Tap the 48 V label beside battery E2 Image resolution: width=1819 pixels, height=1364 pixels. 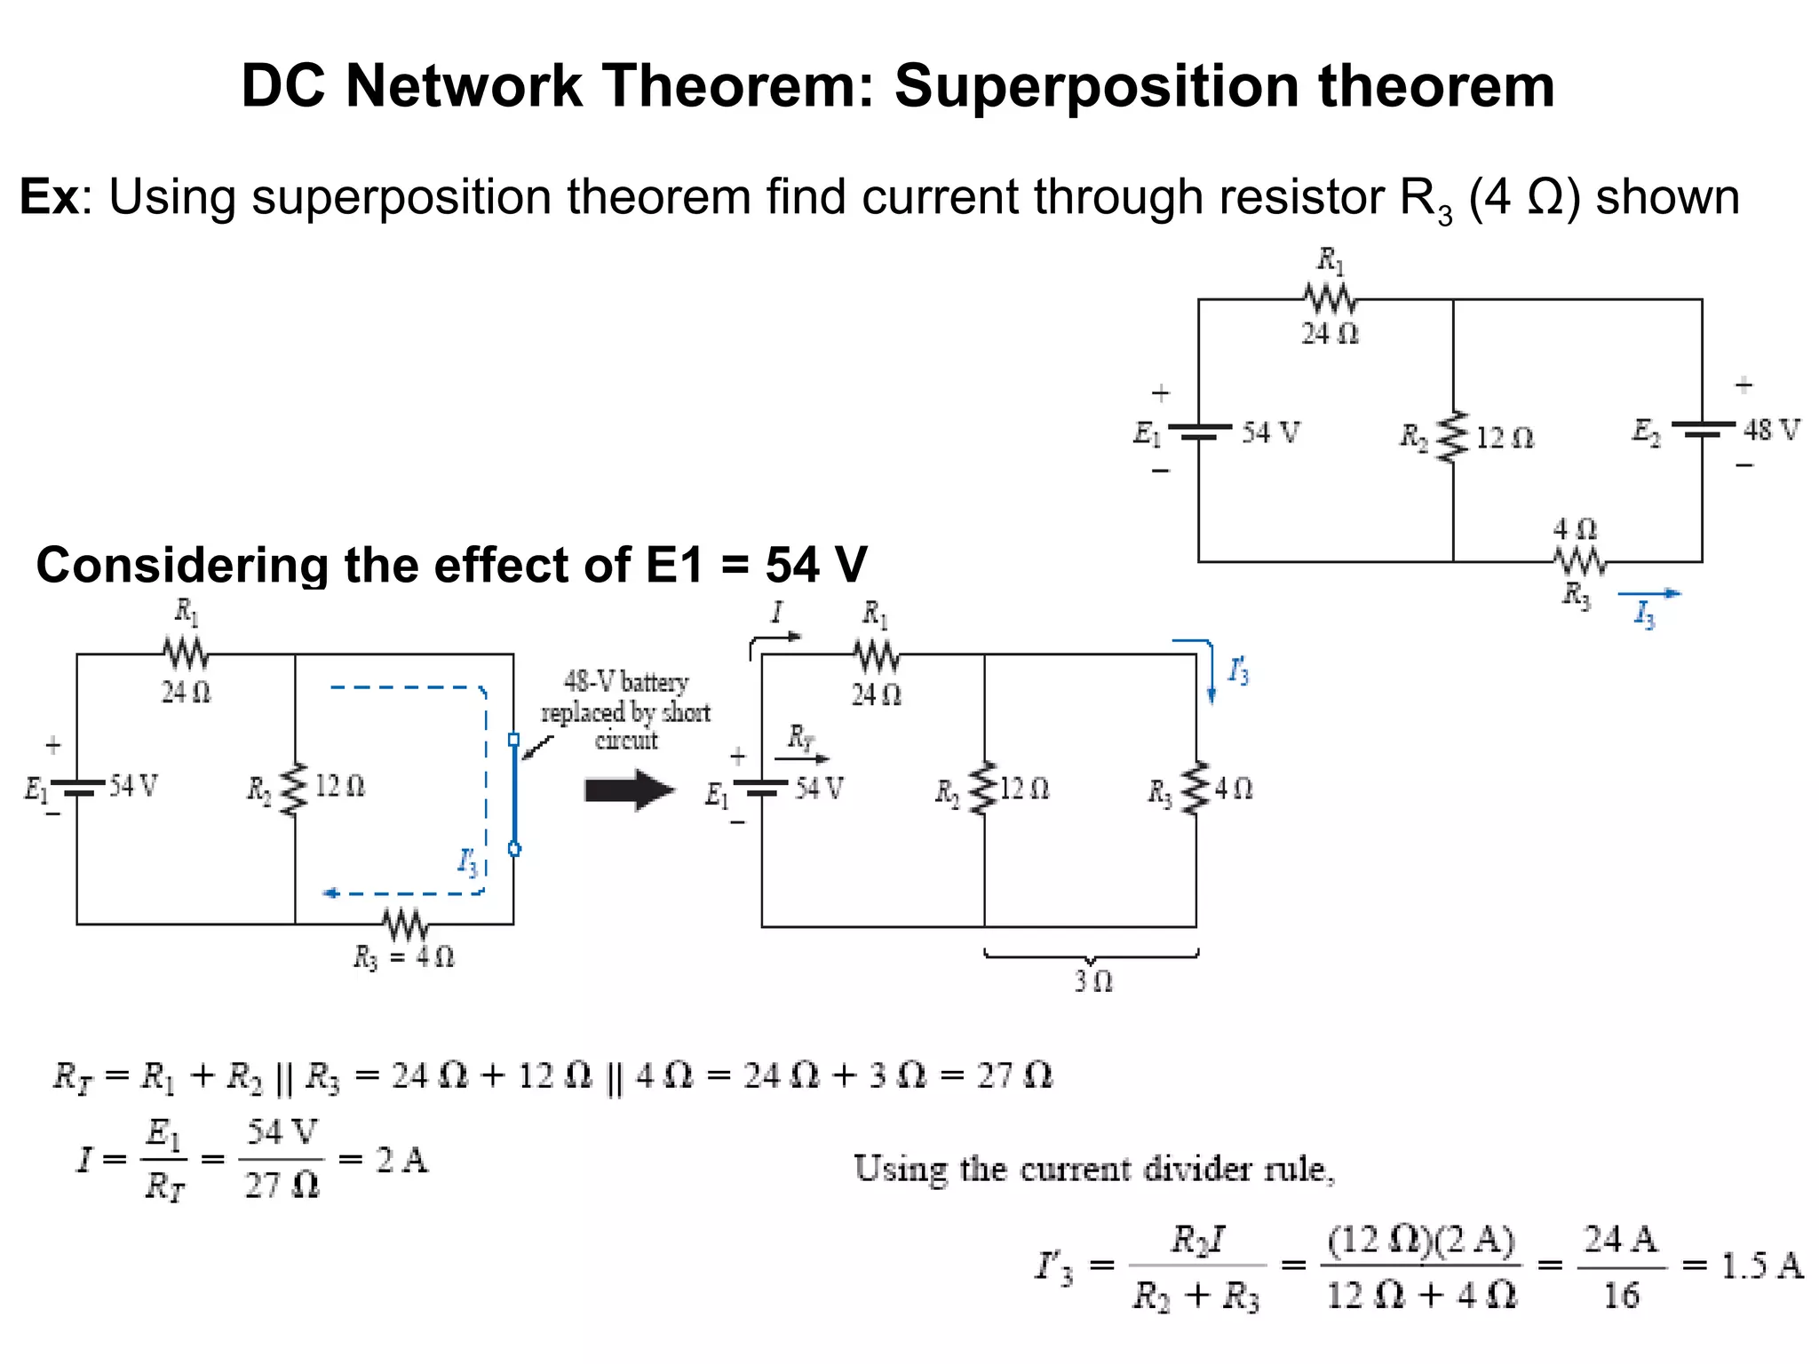[x=1771, y=431]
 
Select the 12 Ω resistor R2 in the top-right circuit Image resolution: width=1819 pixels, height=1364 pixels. [x=1453, y=436]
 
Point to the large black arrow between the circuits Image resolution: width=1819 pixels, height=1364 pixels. [x=629, y=789]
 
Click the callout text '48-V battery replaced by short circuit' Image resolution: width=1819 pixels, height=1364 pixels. [x=626, y=711]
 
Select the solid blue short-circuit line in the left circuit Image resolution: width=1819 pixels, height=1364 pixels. [x=514, y=793]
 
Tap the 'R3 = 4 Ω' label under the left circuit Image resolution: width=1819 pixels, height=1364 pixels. [x=404, y=957]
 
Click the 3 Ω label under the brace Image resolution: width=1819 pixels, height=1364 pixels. [x=1092, y=981]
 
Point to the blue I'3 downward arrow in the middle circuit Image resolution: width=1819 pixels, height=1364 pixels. [x=1211, y=672]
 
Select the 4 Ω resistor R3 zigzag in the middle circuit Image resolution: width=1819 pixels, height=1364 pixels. [x=1196, y=788]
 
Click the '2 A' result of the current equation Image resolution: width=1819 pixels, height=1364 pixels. [x=401, y=1160]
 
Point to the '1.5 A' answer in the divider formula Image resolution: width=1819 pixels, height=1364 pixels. [x=1761, y=1265]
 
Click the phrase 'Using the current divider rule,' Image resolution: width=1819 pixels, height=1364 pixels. [x=1093, y=1170]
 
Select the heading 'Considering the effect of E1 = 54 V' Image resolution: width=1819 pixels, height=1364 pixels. [x=451, y=565]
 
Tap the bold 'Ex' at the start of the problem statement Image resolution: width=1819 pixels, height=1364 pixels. [x=50, y=196]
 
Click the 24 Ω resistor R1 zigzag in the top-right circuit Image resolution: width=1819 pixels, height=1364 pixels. [x=1330, y=299]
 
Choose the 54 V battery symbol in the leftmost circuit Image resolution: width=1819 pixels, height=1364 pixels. [x=78, y=787]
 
